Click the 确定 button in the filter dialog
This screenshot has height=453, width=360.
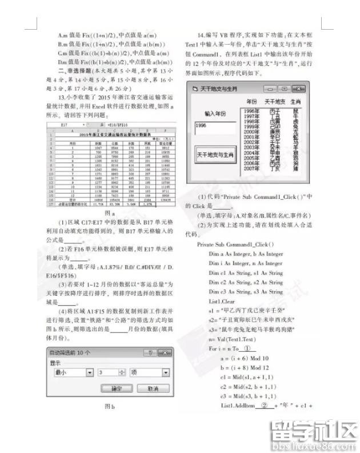[117, 388]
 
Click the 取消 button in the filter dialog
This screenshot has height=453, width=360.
[152, 388]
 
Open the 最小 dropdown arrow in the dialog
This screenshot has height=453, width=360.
[90, 372]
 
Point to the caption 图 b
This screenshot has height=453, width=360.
[110, 407]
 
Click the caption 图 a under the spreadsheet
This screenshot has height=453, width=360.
[110, 211]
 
